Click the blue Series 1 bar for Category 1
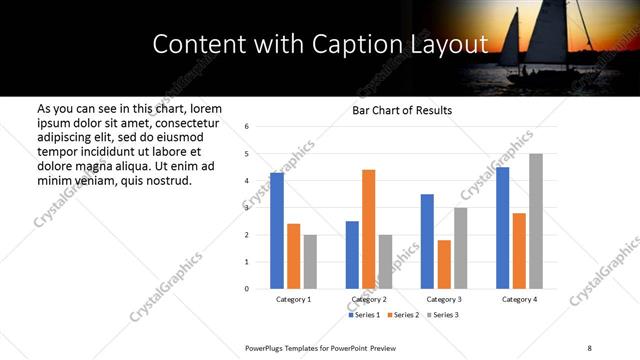277,231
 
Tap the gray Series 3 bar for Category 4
536,221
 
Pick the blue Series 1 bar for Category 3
427,241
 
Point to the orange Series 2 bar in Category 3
444,264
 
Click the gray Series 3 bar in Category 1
310,262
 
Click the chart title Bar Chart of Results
402,110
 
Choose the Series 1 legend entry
364,315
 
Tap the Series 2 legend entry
402,315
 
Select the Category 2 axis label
369,299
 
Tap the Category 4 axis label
519,299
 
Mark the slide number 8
588,347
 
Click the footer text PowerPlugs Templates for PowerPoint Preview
321,347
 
